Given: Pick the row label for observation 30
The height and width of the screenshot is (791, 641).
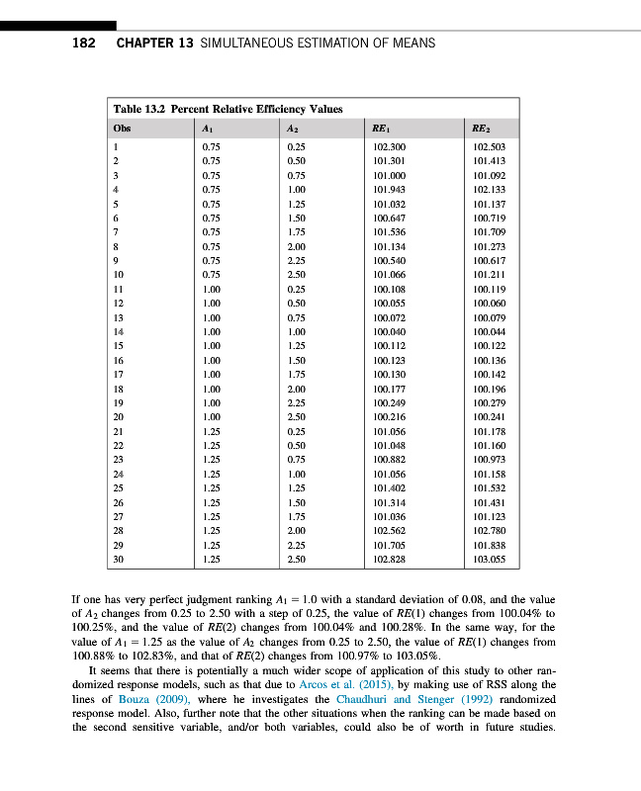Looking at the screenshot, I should point(119,561).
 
